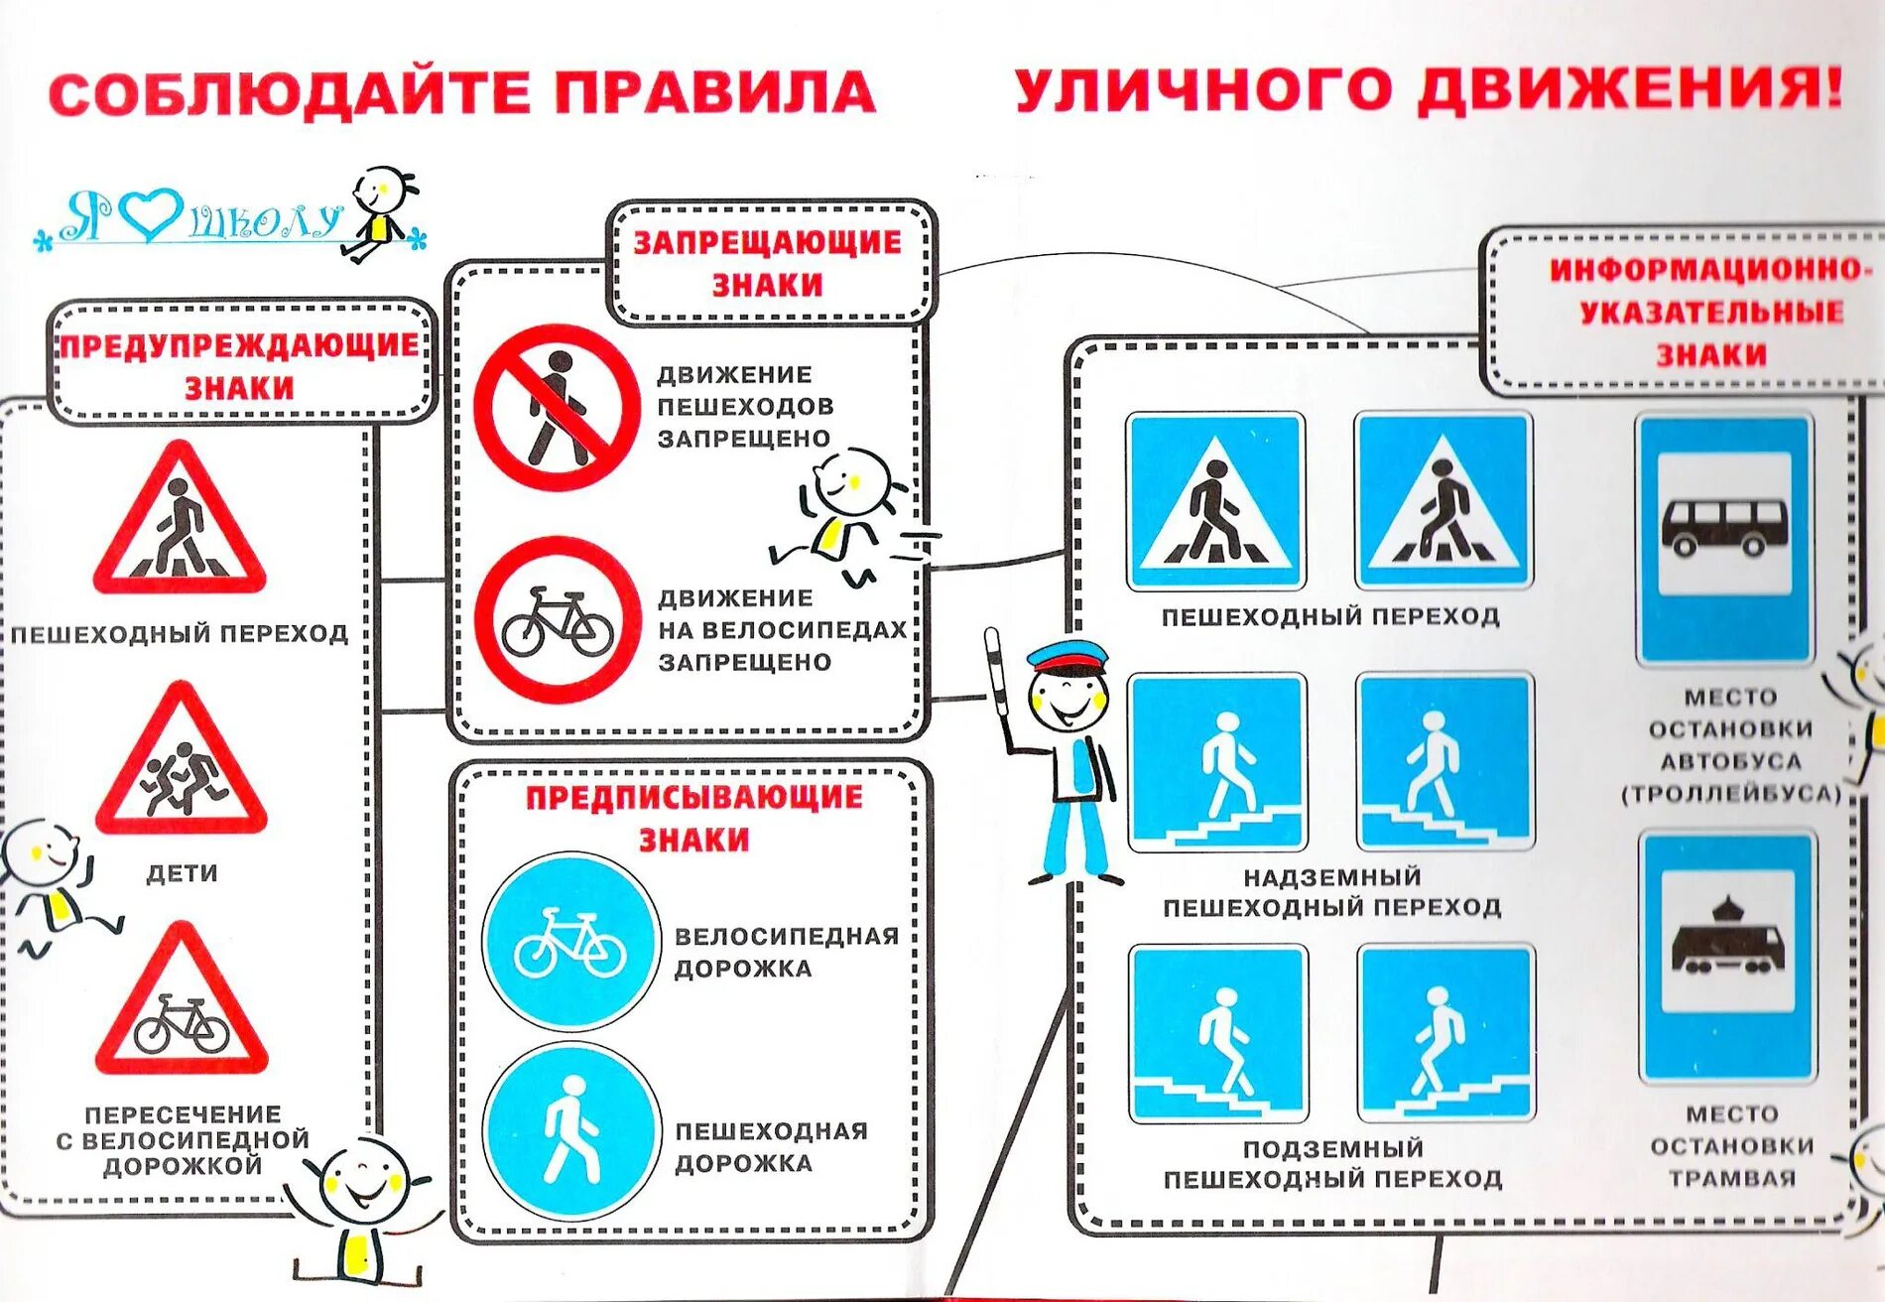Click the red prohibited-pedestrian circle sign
[557, 408]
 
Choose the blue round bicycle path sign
[570, 941]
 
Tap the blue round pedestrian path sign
[570, 1131]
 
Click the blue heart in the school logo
[151, 213]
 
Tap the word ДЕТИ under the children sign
[182, 873]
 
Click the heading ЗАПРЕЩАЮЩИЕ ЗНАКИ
[768, 263]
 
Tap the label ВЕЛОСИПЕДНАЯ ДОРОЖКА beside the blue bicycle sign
[786, 952]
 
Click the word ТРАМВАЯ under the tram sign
[1732, 1178]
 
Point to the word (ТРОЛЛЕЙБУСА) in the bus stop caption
[1731, 793]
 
